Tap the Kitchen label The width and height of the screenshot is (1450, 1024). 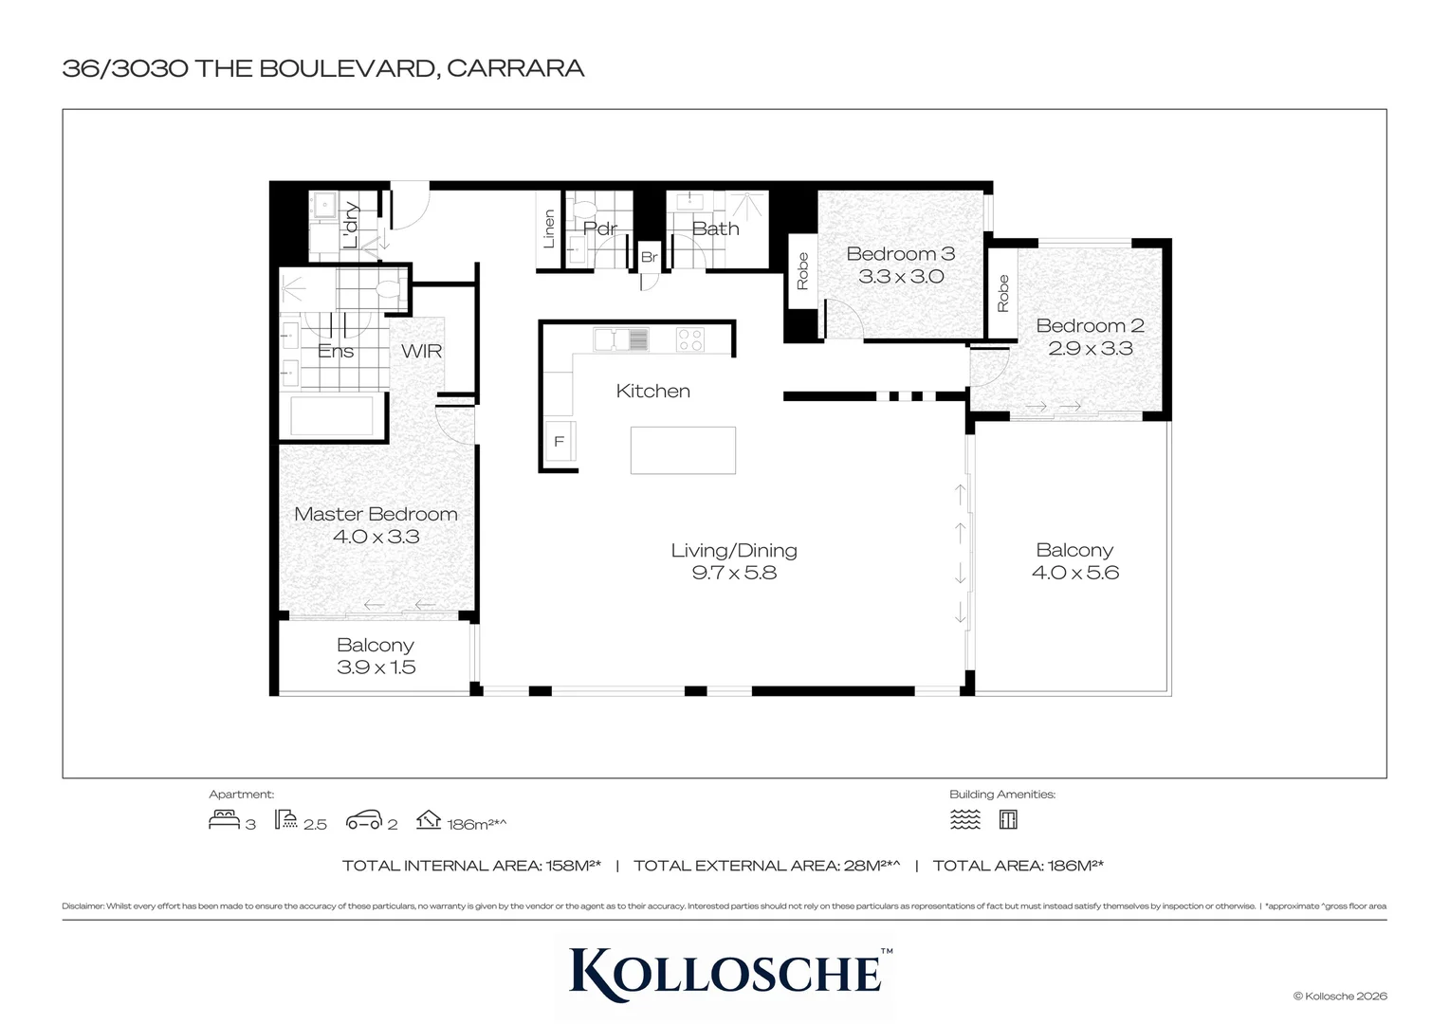[x=652, y=391]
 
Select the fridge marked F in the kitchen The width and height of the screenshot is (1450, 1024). [x=560, y=442]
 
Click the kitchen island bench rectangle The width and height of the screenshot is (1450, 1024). [x=683, y=449]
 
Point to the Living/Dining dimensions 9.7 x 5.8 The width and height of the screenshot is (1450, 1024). [x=734, y=573]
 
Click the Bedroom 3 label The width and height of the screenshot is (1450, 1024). [x=900, y=254]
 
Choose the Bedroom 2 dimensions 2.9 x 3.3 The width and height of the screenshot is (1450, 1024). [x=1090, y=348]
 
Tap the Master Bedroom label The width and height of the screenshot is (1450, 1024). [x=376, y=514]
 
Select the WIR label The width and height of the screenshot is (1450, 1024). [x=421, y=351]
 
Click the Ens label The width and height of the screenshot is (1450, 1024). [x=336, y=351]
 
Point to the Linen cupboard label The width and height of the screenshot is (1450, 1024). [x=549, y=229]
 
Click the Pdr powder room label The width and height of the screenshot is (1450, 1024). [x=599, y=229]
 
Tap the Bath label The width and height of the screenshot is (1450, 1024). [x=715, y=229]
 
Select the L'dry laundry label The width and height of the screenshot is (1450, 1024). [x=350, y=225]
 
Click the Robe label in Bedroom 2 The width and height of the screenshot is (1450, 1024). [x=1002, y=293]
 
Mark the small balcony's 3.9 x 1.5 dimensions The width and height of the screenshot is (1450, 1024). [x=376, y=667]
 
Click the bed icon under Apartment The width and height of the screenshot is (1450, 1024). [x=224, y=819]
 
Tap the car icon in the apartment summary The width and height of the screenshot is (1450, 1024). [x=364, y=820]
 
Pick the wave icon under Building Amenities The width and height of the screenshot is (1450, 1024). [x=965, y=819]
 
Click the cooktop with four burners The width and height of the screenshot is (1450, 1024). [x=690, y=339]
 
